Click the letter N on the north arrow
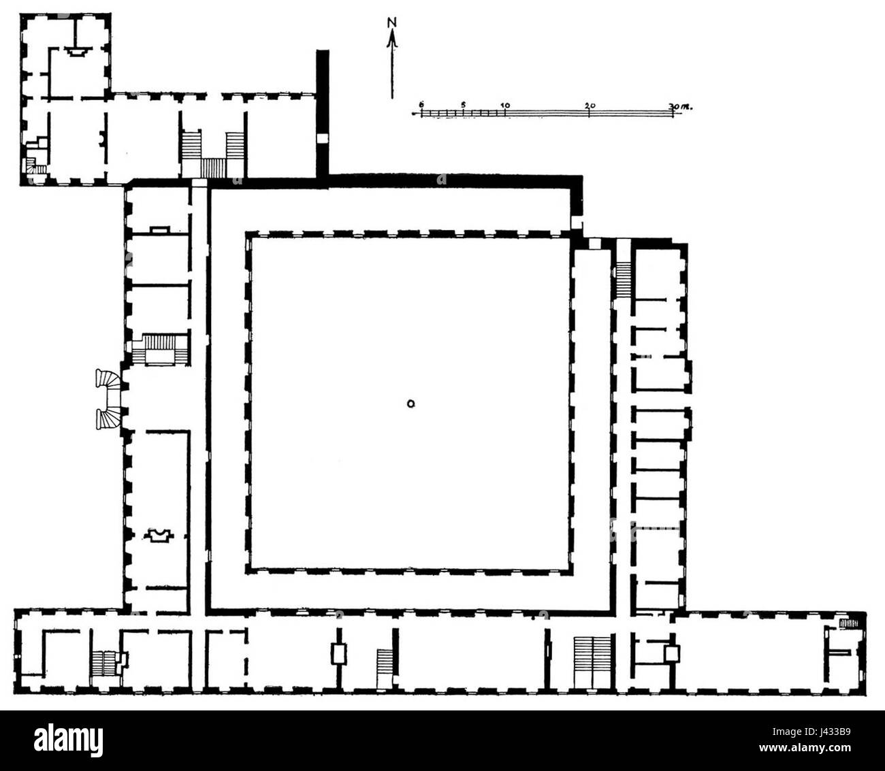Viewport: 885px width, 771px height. tap(391, 22)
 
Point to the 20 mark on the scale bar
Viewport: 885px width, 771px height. tap(590, 105)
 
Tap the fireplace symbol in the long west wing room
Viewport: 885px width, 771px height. tap(159, 536)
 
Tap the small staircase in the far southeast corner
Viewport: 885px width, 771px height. tap(848, 623)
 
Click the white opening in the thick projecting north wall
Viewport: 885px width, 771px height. tap(322, 139)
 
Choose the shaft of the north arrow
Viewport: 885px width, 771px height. tap(391, 65)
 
